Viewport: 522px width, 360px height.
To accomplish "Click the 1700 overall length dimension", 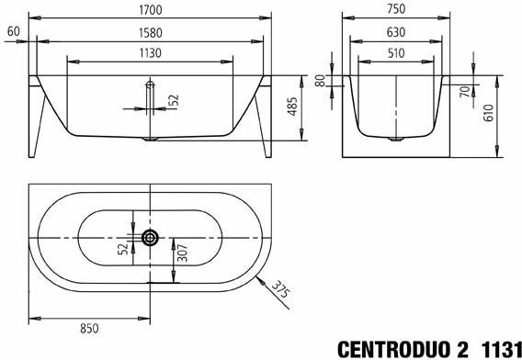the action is pos(151,10).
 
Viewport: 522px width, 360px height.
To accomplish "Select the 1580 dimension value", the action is pos(151,33).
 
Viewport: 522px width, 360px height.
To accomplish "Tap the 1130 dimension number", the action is pos(151,53).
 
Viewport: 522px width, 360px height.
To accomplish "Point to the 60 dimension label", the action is pos(13,31).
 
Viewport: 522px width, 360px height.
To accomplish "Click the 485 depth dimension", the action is pos(292,107).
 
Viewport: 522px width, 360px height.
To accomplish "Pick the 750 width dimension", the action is pos(396,9).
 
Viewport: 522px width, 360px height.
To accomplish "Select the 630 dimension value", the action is pos(396,32).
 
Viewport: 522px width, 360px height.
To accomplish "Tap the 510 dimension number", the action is pos(396,53).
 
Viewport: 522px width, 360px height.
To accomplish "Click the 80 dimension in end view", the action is pos(320,81).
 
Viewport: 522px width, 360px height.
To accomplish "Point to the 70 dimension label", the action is pos(465,91).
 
